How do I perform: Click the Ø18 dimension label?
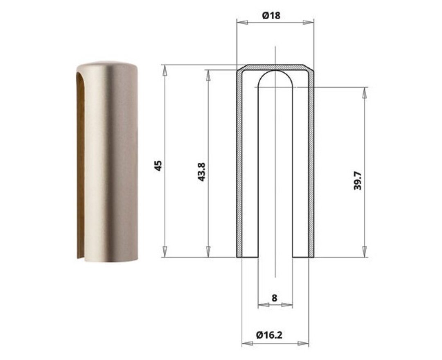point(271,16)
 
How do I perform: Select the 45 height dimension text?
point(158,166)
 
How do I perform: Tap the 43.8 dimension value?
point(201,172)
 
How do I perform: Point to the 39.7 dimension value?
point(357,180)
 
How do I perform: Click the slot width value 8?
point(274,298)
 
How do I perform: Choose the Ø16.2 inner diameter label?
point(269,335)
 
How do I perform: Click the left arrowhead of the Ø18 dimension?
point(242,22)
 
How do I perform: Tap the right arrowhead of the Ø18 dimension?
point(308,22)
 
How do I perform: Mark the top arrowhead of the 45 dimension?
point(165,70)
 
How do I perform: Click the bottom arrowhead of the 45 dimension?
point(165,252)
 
